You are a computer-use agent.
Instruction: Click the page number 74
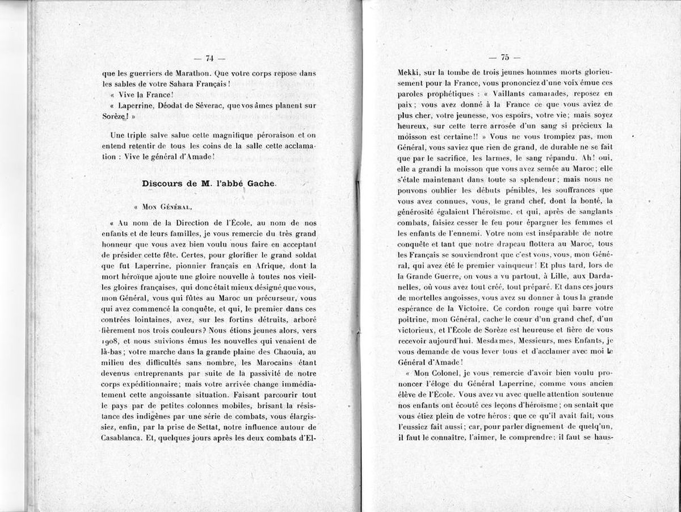pyautogui.click(x=209, y=57)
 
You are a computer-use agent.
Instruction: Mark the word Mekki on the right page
pyautogui.click(x=409, y=73)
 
